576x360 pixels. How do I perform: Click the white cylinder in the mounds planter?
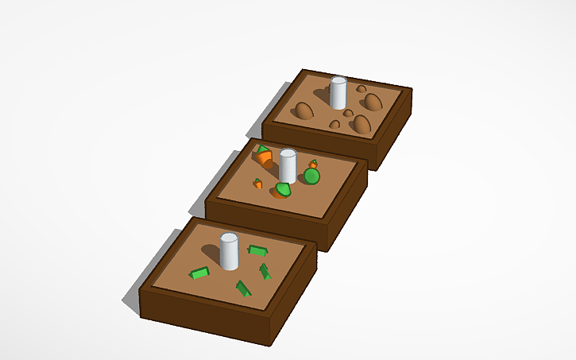338,94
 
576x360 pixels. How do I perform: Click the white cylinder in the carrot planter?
288,166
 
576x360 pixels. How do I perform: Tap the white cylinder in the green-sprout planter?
229,253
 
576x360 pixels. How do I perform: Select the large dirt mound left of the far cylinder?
303,111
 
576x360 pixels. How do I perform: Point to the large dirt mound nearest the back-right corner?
373,101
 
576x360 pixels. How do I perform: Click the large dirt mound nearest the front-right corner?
362,125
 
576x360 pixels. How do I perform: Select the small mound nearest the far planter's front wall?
334,125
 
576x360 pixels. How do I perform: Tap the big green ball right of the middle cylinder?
311,176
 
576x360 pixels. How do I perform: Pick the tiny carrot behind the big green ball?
313,164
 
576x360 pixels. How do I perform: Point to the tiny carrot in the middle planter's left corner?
258,184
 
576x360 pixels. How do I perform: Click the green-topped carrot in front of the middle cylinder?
283,190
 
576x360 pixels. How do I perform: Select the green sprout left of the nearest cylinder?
199,273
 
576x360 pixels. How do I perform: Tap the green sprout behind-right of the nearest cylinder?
257,250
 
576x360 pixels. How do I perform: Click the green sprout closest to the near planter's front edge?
243,288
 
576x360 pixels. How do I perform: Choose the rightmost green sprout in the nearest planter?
265,272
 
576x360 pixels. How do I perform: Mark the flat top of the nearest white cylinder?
229,238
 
